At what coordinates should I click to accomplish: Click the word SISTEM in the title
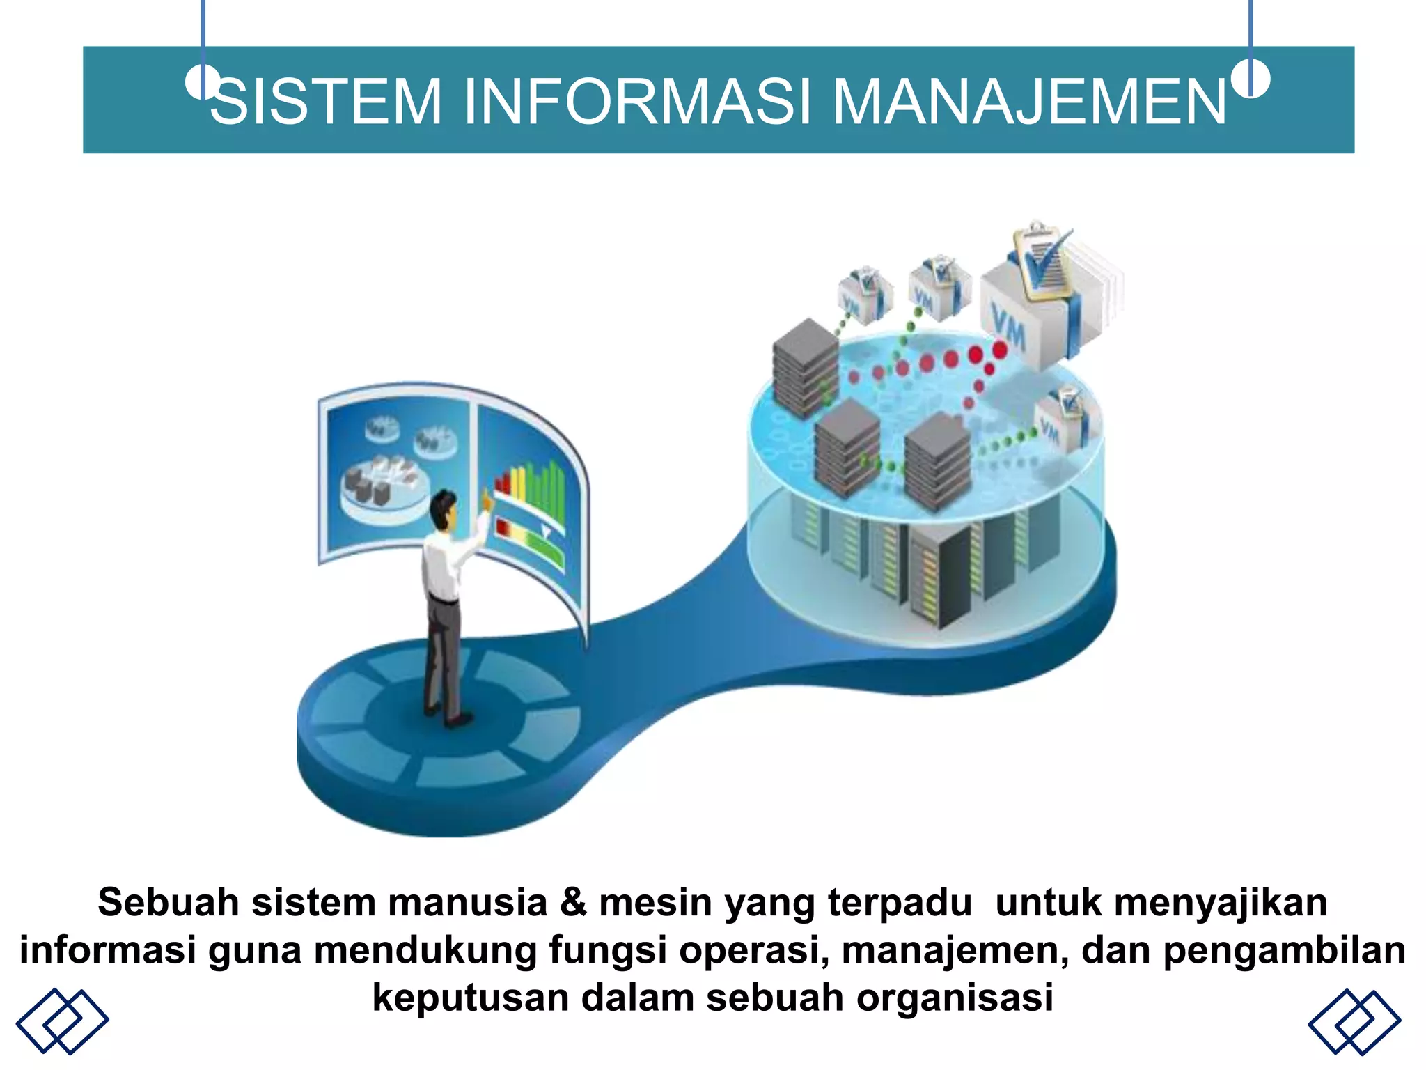coord(326,102)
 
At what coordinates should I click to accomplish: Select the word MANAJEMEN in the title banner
coord(1029,102)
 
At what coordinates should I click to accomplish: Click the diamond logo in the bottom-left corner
coord(62,1021)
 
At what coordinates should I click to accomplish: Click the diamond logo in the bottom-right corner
coord(1354,1021)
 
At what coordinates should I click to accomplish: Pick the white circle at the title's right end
coord(1251,78)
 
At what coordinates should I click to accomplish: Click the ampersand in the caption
coord(573,902)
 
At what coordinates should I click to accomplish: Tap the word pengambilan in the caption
coord(1284,950)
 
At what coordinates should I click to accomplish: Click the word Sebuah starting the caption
coord(169,902)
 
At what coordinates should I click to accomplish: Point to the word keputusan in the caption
coord(471,997)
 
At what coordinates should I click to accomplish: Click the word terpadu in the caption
coord(899,902)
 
